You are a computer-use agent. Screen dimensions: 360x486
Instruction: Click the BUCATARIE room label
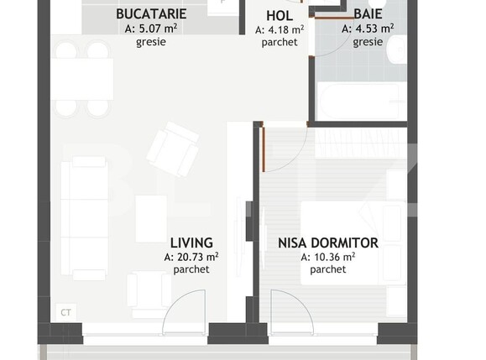(x=151, y=14)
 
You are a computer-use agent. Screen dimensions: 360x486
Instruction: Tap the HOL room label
(x=280, y=15)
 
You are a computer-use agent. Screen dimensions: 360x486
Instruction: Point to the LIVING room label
(x=191, y=243)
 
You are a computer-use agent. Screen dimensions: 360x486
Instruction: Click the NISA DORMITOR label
(x=327, y=243)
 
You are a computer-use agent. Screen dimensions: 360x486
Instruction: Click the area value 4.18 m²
(x=280, y=29)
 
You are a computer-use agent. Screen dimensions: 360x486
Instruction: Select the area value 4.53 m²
(x=368, y=29)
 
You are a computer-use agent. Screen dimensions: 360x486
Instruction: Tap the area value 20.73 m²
(x=191, y=257)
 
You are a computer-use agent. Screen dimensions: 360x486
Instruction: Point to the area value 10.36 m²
(x=327, y=257)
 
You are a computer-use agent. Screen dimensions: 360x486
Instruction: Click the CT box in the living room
(x=65, y=311)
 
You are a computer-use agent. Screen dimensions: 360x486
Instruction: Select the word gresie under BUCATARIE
(x=151, y=42)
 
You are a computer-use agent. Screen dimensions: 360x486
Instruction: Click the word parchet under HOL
(x=280, y=42)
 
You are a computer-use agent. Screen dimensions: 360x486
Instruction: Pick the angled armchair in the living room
(x=173, y=149)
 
